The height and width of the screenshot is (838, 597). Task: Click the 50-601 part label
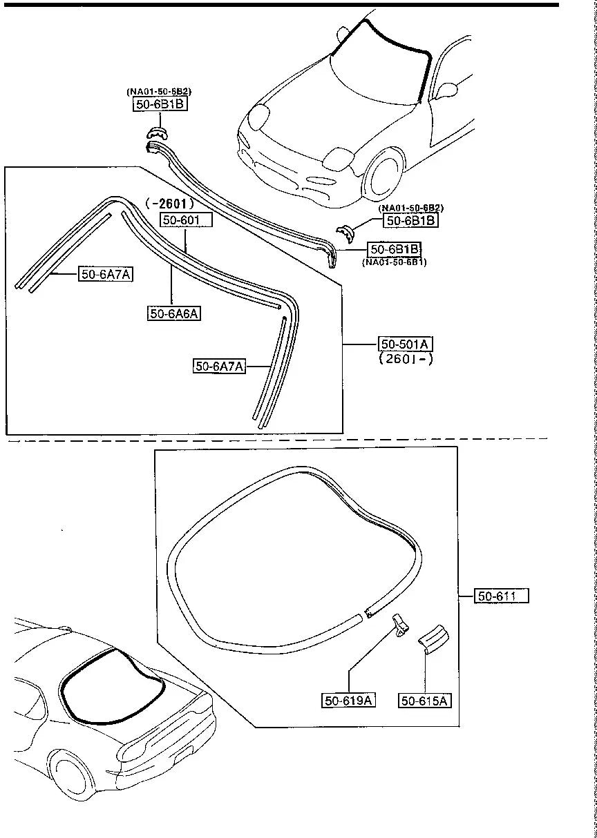(186, 220)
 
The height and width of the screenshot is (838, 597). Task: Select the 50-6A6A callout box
(174, 313)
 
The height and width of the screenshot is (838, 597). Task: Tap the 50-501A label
(406, 343)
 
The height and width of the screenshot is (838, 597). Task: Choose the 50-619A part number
(349, 701)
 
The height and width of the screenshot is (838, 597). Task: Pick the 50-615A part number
(425, 701)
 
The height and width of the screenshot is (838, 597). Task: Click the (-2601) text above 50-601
(169, 204)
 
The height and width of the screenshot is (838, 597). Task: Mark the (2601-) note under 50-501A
(406, 358)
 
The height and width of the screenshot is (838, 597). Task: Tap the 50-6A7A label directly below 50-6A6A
(219, 366)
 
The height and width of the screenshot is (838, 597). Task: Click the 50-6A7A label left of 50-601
(106, 274)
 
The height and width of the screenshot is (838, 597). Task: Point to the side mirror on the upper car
(447, 90)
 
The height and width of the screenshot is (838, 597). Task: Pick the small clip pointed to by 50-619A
(400, 625)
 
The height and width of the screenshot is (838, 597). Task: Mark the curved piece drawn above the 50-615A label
(432, 638)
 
